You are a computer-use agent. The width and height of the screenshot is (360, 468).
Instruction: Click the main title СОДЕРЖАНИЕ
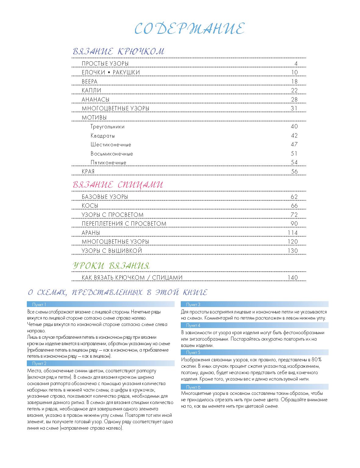coord(189,29)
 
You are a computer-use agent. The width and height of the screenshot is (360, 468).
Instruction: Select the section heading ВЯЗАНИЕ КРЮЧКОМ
coord(118,52)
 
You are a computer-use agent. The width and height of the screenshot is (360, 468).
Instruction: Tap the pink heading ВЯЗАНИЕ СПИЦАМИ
coord(118,185)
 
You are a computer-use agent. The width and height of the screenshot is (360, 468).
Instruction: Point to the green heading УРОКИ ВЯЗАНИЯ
coord(111,266)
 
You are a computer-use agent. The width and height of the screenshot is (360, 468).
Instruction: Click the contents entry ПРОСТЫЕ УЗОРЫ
coord(105,63)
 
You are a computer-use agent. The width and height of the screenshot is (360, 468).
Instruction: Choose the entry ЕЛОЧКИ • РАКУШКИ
coord(111,73)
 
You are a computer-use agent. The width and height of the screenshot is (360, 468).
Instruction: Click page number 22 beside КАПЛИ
coord(294,91)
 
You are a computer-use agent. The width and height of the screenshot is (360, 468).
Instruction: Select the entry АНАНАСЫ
coord(95,99)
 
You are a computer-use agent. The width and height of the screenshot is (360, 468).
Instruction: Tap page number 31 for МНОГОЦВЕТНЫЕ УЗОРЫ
coord(294,109)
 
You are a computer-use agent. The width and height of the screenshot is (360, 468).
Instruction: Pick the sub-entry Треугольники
coord(107,127)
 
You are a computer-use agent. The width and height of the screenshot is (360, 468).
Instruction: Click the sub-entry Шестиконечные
coord(111,145)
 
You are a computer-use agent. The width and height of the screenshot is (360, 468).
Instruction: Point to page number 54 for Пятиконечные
coord(294,163)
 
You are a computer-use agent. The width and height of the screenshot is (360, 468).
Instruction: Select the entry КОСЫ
coord(90,206)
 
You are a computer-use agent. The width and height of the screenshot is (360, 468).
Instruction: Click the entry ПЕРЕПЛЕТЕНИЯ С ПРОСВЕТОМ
coord(124,224)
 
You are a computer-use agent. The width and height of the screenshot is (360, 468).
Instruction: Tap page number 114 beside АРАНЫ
coord(293,233)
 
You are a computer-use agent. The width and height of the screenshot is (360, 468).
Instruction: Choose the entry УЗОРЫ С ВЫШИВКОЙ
coord(112,251)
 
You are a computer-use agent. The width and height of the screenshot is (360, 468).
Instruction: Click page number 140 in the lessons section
coord(293,278)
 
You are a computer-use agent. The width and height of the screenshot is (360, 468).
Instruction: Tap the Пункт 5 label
coord(193,352)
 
